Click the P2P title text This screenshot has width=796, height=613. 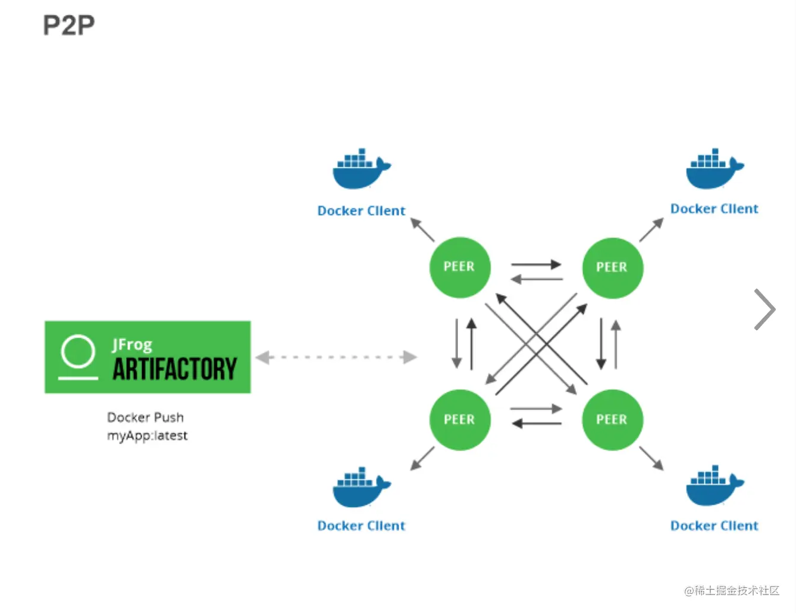[x=68, y=26]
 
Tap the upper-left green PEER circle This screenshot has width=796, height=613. [x=459, y=267]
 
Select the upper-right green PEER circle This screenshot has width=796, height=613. [x=612, y=267]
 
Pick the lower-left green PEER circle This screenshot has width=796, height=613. [x=459, y=420]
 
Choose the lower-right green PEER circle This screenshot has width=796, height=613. [x=612, y=420]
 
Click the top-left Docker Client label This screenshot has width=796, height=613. [x=361, y=211]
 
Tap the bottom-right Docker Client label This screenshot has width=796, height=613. [x=714, y=526]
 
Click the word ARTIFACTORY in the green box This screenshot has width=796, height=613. [x=175, y=369]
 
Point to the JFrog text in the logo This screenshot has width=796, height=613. [x=132, y=345]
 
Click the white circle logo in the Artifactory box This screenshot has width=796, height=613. [x=78, y=352]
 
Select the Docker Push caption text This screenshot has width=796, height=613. [x=145, y=417]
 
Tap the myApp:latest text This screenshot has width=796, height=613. [x=147, y=436]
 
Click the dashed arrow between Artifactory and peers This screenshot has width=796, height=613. [x=337, y=357]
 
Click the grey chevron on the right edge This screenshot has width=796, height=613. [x=764, y=309]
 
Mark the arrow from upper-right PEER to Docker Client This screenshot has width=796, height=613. [x=651, y=230]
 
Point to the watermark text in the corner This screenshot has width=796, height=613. [x=731, y=590]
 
